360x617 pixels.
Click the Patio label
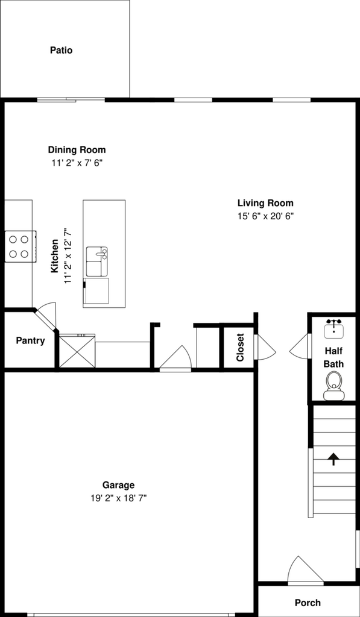point(62,51)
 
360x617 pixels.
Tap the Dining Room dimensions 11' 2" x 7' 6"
point(77,163)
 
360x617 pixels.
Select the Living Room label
point(265,204)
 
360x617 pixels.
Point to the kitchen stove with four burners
point(21,246)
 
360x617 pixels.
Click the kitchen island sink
point(97,262)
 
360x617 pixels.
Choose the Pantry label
point(30,341)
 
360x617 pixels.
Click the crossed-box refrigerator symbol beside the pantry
point(77,351)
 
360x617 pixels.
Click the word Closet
point(240,348)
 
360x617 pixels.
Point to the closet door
point(264,346)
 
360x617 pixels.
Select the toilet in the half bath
point(333,386)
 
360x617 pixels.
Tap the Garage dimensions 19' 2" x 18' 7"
point(119,498)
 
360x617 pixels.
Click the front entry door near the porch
point(305,570)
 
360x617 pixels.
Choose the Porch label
point(308,603)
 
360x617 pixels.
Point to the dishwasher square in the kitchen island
point(96,291)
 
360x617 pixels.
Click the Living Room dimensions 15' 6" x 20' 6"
point(266,216)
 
